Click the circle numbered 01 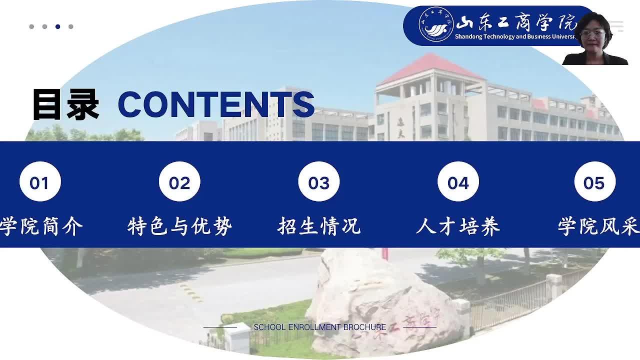pyautogui.click(x=40, y=181)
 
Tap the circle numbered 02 pyautogui.click(x=179, y=181)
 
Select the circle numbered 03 pyautogui.click(x=319, y=181)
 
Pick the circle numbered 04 pyautogui.click(x=458, y=181)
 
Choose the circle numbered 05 pyautogui.click(x=595, y=181)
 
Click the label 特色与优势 pyautogui.click(x=179, y=226)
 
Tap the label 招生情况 pyautogui.click(x=319, y=226)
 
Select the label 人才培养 pyautogui.click(x=458, y=226)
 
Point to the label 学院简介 pyautogui.click(x=41, y=226)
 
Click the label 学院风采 pyautogui.click(x=599, y=226)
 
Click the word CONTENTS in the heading pyautogui.click(x=216, y=104)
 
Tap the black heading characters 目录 pyautogui.click(x=66, y=104)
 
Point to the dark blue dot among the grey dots pyautogui.click(x=57, y=26)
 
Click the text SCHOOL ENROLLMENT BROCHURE pyautogui.click(x=319, y=327)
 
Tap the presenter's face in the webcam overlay pyautogui.click(x=593, y=35)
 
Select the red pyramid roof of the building pyautogui.click(x=431, y=68)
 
